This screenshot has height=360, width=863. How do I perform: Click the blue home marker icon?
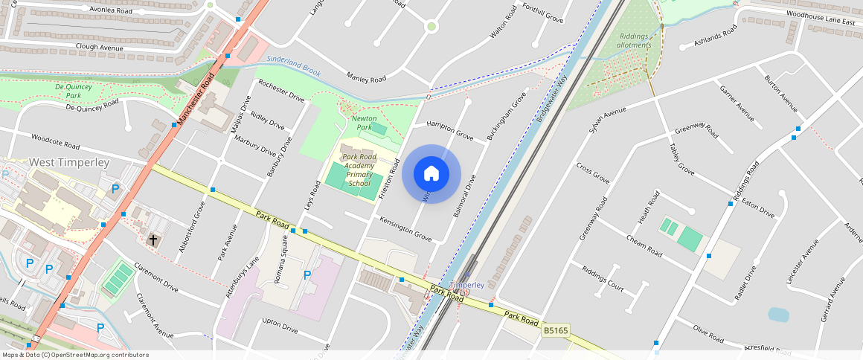[x=431, y=174]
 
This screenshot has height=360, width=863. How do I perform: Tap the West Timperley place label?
[x=69, y=162]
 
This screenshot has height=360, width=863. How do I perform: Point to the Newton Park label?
[x=364, y=123]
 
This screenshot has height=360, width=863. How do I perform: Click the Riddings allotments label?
[x=634, y=40]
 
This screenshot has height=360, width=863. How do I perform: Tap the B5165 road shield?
[x=556, y=330]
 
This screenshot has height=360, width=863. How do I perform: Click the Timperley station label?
[x=467, y=285]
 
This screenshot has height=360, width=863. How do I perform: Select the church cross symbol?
[x=153, y=240]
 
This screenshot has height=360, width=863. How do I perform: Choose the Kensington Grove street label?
[x=405, y=229]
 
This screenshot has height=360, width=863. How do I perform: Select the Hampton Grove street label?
[x=449, y=132]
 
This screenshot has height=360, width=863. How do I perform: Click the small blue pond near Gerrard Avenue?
[x=778, y=315]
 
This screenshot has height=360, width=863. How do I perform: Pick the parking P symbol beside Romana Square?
[x=307, y=275]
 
